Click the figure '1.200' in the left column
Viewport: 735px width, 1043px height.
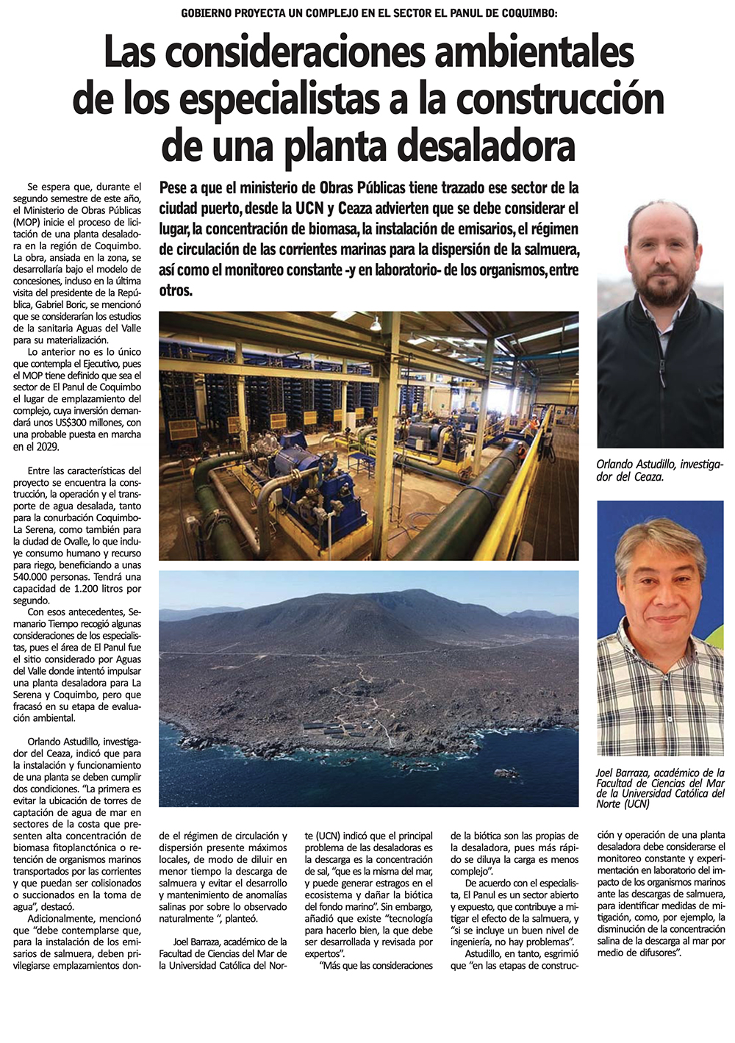(94, 589)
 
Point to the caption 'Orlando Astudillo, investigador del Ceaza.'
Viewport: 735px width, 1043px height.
(659, 470)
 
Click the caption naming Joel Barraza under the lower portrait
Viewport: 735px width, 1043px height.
(659, 788)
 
